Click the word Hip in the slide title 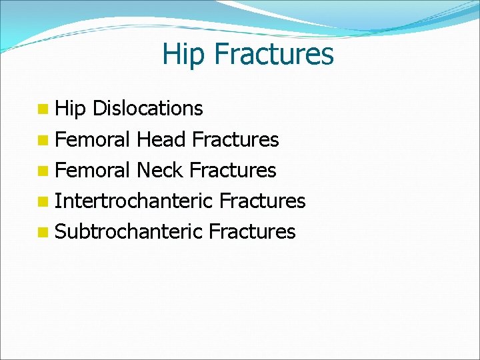tap(184, 55)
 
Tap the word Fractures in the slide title tap(274, 53)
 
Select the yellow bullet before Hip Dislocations tap(43, 109)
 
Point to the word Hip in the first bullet tap(71, 109)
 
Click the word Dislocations tap(148, 108)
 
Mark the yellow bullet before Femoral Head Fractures tap(43, 140)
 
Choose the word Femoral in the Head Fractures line tap(93, 139)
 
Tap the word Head tap(161, 139)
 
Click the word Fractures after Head tap(235, 139)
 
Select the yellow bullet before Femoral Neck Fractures tap(43, 171)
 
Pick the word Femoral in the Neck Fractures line tap(93, 170)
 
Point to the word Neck tap(160, 170)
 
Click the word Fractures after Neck tap(233, 170)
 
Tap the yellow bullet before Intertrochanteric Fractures tap(43, 201)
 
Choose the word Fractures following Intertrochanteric tap(262, 201)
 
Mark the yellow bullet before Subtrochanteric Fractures tap(43, 232)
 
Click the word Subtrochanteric tap(129, 231)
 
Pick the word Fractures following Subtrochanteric tap(252, 231)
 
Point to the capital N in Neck tap(143, 170)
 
